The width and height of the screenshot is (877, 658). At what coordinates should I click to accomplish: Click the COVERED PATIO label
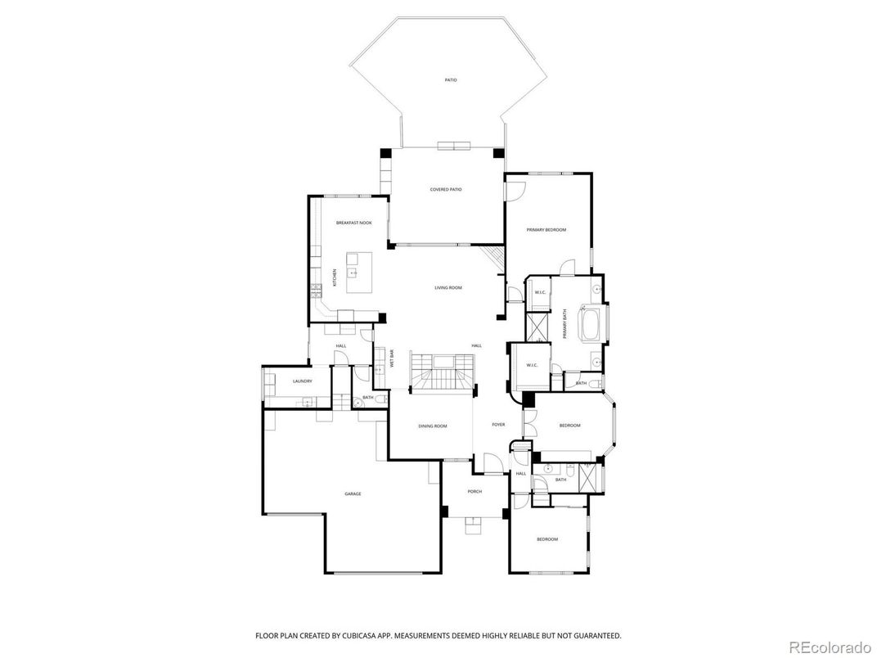tap(446, 190)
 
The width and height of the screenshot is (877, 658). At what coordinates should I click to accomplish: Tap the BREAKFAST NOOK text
tap(353, 223)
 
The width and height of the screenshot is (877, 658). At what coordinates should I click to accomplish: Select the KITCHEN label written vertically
tap(335, 278)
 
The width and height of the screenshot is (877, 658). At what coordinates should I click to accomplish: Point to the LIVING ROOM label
tap(448, 288)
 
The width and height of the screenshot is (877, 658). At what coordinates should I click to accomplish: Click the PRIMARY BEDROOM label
tap(546, 230)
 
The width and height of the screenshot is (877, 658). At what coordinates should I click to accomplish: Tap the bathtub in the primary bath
tap(591, 323)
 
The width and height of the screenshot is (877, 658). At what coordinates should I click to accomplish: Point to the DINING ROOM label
tap(433, 426)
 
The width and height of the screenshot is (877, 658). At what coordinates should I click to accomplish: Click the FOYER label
tap(498, 425)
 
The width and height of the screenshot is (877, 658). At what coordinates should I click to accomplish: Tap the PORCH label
tap(474, 492)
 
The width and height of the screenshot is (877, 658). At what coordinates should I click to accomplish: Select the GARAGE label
tap(353, 494)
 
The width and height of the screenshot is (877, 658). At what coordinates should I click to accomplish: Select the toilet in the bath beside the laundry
tap(358, 402)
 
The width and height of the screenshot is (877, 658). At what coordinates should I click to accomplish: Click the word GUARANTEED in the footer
tap(594, 635)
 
